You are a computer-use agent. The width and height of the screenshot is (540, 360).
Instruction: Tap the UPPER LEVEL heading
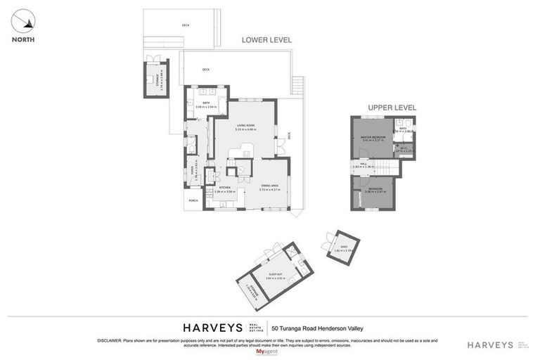[x=392, y=108]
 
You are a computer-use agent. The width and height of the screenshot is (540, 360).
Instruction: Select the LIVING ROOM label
[x=245, y=127]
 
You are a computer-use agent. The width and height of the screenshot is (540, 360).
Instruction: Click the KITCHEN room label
[x=225, y=188]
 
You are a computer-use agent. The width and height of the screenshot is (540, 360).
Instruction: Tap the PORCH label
[x=193, y=200]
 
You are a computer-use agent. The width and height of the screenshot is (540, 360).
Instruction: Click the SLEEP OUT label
[x=275, y=276]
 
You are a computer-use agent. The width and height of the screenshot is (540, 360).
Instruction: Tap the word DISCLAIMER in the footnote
[x=110, y=340]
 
